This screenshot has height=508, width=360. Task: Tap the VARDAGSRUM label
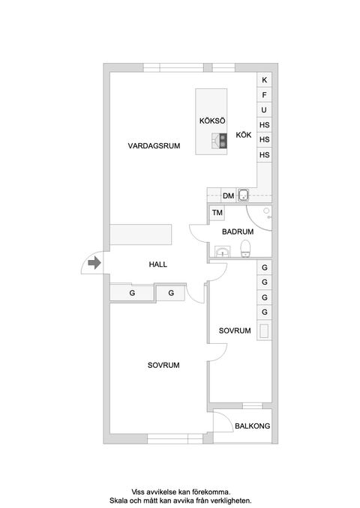[x=154, y=146]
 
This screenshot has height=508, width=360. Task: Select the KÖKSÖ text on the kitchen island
[x=212, y=121]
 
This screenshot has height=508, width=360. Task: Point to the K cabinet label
[x=264, y=80]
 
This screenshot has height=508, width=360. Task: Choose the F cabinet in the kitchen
[x=264, y=95]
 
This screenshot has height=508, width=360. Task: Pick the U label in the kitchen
[x=264, y=110]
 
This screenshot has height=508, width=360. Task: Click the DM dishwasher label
[x=229, y=196]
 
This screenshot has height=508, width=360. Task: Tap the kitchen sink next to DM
[x=243, y=196]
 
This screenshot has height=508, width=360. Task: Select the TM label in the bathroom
[x=217, y=214]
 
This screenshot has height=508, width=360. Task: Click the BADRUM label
[x=238, y=232]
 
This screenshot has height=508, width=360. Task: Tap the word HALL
[x=157, y=264]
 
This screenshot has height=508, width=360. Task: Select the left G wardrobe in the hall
[x=132, y=293]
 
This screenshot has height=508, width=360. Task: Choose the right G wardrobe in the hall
[x=171, y=293]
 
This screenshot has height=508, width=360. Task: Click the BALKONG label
[x=253, y=426]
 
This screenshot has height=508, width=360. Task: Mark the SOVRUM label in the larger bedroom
[x=164, y=365]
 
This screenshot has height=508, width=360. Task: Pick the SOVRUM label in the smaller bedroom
[x=235, y=330]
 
